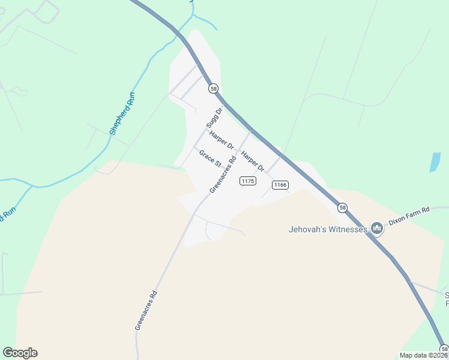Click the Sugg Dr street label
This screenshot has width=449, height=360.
click(214, 118)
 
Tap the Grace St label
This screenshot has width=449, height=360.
click(211, 159)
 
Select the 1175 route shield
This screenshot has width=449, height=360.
click(248, 181)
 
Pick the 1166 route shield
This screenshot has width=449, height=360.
click(280, 185)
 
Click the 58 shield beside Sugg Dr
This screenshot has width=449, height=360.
click(213, 89)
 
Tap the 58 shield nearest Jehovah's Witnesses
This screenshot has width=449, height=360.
click(342, 208)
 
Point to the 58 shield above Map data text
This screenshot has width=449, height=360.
click(444, 349)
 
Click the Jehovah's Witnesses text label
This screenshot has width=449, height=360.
click(328, 229)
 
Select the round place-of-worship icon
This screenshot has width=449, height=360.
click(377, 228)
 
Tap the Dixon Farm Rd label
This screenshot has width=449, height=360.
click(410, 215)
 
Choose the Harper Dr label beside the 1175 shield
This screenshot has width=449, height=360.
click(253, 161)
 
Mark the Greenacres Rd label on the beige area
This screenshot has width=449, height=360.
click(146, 310)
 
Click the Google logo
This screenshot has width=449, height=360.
click(20, 353)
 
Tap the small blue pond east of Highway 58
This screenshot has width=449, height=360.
click(435, 162)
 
